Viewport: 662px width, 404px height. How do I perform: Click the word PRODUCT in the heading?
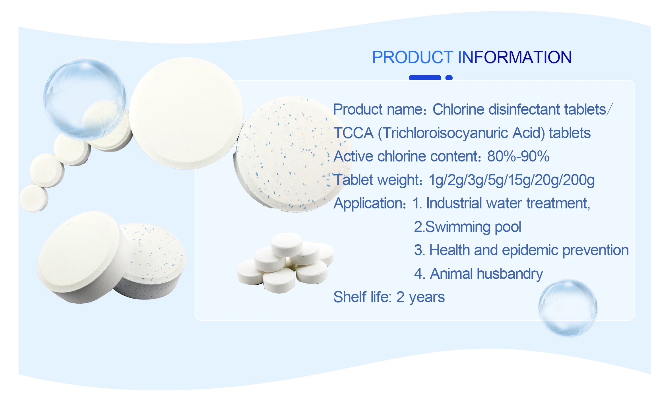tap(413, 57)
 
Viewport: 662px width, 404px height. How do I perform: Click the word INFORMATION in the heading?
tap(515, 57)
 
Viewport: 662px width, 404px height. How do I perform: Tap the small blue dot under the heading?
tap(449, 78)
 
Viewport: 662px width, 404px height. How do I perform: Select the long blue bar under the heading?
tap(425, 78)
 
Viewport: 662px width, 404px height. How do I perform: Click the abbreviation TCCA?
tap(353, 133)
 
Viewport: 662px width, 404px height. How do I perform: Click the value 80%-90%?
tap(518, 156)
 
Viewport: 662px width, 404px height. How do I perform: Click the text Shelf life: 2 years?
tap(389, 297)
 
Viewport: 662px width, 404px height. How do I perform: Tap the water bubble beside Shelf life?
tap(568, 308)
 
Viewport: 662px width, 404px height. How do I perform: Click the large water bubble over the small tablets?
tap(85, 98)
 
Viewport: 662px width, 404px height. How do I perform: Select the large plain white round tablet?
tap(187, 113)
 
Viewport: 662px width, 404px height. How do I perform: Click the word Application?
tap(370, 204)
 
